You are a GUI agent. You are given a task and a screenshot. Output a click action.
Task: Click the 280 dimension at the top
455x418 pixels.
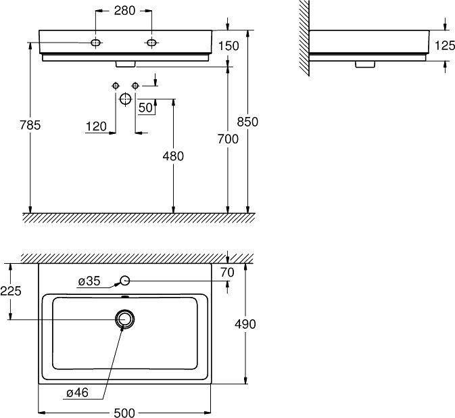click(124, 10)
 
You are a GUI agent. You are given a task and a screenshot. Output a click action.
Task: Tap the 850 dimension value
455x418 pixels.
click(247, 122)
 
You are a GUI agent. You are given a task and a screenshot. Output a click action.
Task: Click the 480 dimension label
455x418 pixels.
click(174, 156)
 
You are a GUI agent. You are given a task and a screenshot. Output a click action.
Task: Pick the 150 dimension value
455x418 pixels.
click(230, 45)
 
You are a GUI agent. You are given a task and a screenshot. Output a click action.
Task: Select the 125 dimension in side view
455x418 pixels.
click(444, 47)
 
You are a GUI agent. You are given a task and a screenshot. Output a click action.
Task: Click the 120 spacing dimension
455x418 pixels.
click(96, 126)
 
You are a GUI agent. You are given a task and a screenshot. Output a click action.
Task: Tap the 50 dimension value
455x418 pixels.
click(145, 108)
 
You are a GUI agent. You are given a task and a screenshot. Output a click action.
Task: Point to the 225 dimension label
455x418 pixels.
click(11, 291)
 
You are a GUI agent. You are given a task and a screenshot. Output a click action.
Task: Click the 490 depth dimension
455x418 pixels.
click(245, 324)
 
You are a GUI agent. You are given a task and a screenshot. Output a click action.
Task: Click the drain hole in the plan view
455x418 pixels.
click(124, 319)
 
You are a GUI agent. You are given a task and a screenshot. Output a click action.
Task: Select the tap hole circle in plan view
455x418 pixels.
click(124, 281)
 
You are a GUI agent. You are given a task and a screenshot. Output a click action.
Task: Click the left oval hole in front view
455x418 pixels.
click(97, 43)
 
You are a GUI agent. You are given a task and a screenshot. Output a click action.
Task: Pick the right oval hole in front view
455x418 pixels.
click(151, 43)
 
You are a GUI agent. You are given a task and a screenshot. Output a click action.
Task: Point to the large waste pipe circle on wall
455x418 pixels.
click(124, 99)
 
